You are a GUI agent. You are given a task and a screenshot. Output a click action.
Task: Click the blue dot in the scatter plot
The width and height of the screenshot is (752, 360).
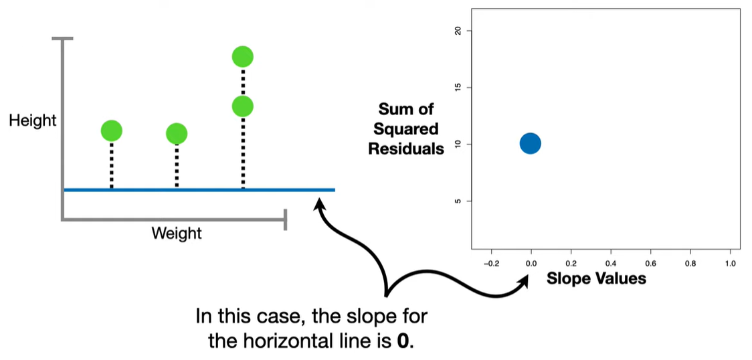(530, 143)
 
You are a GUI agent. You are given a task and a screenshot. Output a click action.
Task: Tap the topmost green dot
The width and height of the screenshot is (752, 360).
(242, 57)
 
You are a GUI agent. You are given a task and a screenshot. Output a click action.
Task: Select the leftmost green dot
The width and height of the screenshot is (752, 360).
(111, 130)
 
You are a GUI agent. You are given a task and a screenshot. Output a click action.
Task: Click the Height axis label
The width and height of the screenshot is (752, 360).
(33, 121)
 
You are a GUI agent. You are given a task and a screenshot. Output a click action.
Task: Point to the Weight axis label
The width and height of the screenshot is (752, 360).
(177, 234)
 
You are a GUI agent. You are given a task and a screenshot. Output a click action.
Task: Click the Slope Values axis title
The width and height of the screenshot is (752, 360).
(597, 278)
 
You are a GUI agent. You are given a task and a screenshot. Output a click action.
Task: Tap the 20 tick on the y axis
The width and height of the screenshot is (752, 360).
(458, 31)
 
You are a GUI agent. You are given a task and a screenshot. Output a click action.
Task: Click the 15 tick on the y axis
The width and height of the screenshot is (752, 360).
(458, 88)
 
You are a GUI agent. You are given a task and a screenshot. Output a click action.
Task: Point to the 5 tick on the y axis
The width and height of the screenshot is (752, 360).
(458, 201)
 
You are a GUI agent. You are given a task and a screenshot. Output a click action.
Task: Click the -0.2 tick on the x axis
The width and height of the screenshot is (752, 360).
(491, 264)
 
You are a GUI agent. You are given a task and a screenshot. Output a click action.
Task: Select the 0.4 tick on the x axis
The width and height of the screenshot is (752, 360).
(611, 264)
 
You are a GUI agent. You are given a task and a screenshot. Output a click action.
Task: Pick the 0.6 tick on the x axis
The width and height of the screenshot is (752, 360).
(650, 264)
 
